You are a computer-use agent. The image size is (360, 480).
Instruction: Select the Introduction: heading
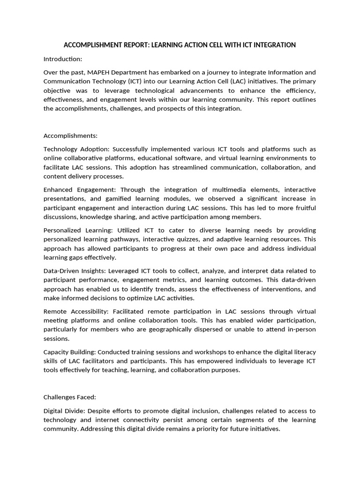[63, 59]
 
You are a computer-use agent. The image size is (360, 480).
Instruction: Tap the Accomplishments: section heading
[70, 136]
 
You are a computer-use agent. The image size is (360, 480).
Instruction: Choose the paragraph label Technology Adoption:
[77, 149]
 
